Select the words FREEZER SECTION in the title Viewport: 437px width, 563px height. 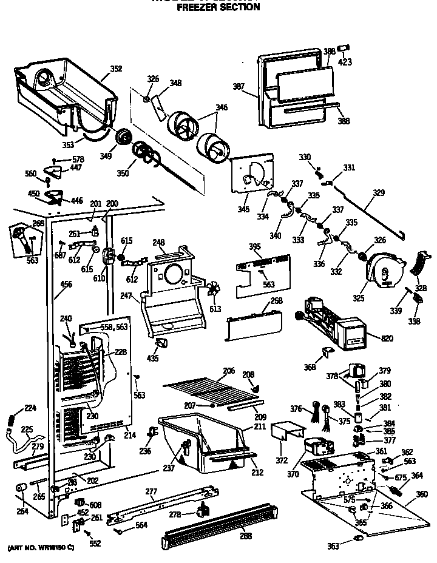[x=218, y=7]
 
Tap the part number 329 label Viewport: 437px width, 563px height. [x=379, y=193]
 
